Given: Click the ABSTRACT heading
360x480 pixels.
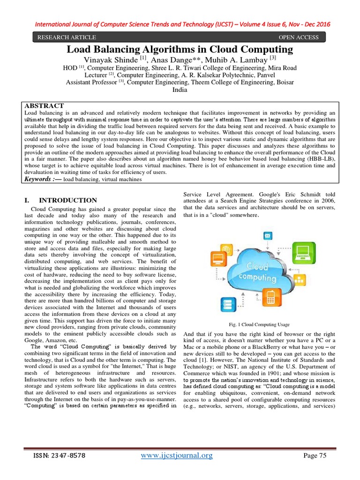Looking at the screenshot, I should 44,105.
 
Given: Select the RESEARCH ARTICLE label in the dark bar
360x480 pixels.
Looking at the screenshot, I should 67,37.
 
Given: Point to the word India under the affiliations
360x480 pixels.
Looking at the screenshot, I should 180,90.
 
